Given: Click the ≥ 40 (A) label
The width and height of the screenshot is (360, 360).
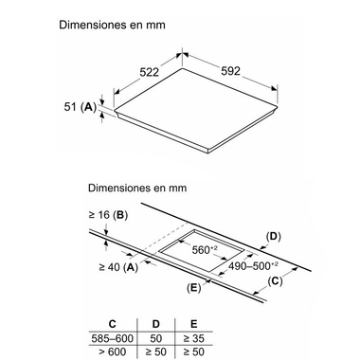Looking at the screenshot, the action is [x=117, y=268].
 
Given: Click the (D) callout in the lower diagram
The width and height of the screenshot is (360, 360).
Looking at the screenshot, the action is [x=274, y=236].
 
